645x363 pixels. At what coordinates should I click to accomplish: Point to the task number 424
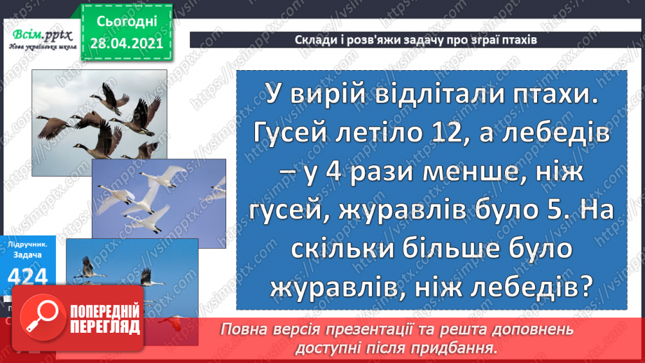29,278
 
